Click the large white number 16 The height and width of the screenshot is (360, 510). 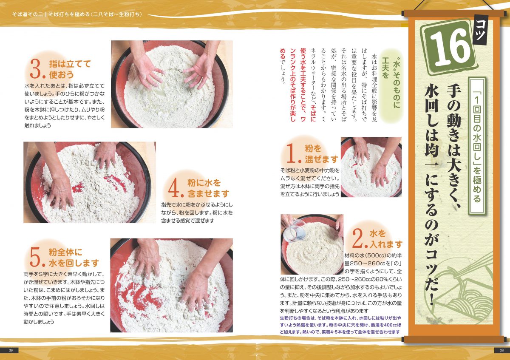[450, 48]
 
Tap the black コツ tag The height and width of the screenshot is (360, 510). [480, 30]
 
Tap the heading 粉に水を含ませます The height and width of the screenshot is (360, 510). [208, 188]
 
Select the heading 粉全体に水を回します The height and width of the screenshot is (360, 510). [74, 258]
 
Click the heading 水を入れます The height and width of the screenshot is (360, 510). [386, 239]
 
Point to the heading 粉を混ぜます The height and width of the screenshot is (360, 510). [321, 154]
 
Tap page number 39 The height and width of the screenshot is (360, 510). [11, 350]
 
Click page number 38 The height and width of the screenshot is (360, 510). [501, 350]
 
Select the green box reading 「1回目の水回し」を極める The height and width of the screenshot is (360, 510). [477, 146]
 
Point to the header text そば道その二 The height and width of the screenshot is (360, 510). [27, 14]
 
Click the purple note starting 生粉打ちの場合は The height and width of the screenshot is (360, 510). [340, 325]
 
